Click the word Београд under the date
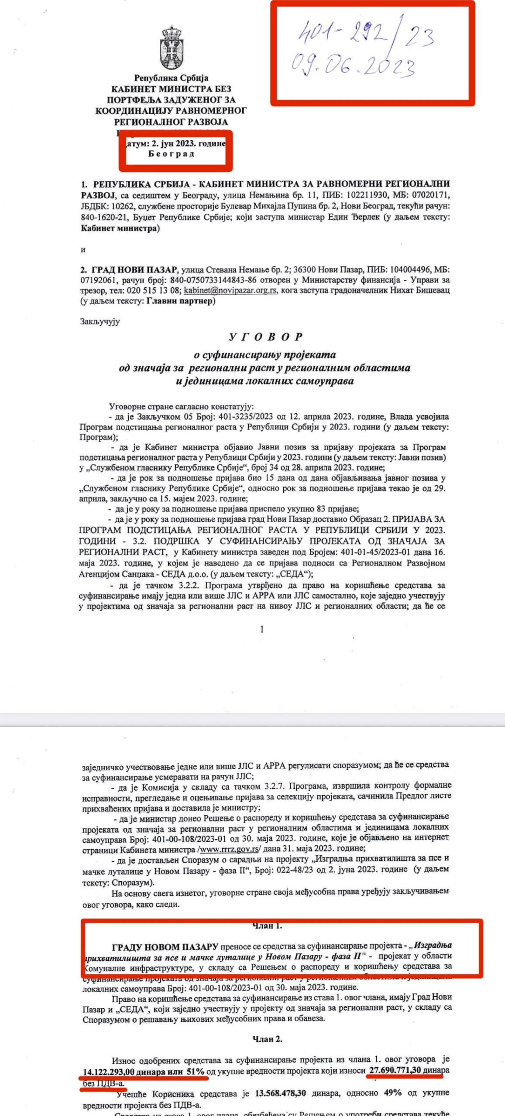point(171,154)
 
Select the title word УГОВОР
point(266,337)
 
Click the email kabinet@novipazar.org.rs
point(230,290)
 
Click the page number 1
point(262,629)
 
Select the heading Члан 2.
point(267,1039)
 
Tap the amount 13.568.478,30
point(280,1093)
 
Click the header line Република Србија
point(171,78)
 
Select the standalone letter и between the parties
point(83,249)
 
